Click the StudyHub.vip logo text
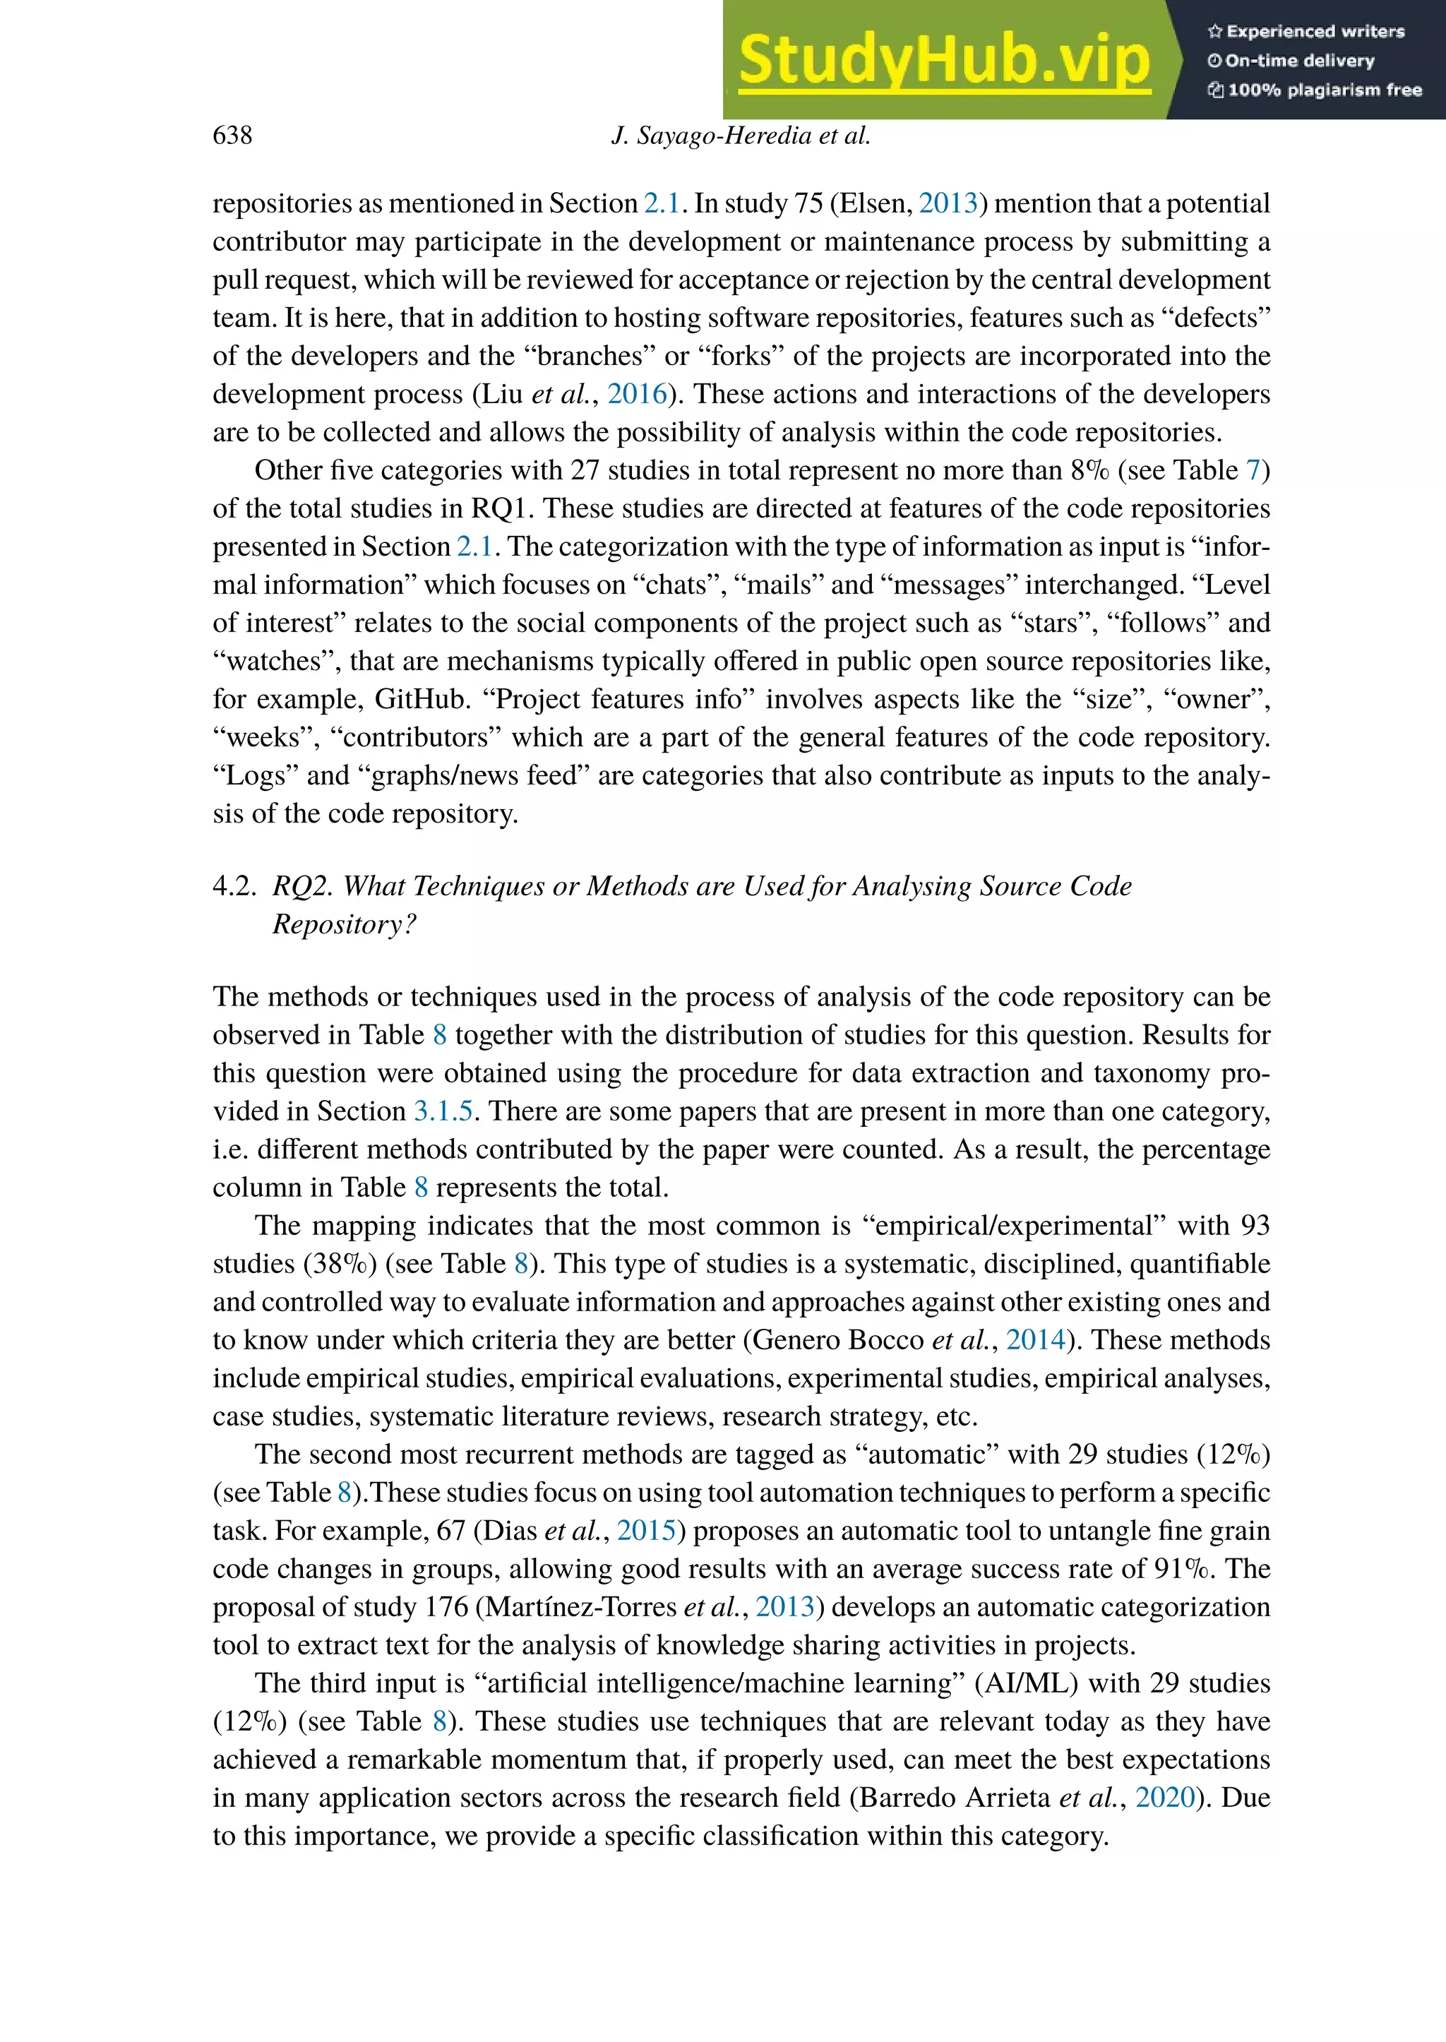point(944,61)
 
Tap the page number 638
point(232,136)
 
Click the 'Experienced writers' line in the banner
point(1306,32)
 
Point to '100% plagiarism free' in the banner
point(1315,90)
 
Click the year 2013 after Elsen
point(948,203)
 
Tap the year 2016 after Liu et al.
point(637,393)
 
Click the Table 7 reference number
point(1254,470)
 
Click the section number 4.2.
point(233,886)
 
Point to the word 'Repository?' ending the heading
point(344,924)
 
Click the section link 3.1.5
point(443,1111)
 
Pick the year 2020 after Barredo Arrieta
point(1164,1798)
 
